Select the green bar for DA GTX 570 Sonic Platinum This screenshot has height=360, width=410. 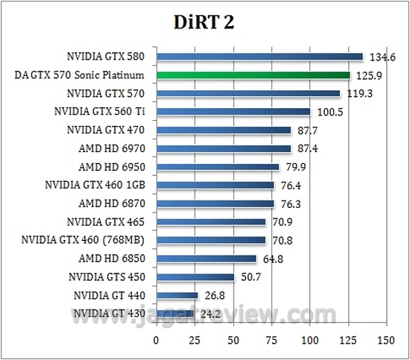click(x=253, y=75)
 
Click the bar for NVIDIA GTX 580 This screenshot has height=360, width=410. click(x=259, y=57)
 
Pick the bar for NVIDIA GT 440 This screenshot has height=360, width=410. click(x=177, y=294)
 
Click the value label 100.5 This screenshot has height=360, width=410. click(x=327, y=112)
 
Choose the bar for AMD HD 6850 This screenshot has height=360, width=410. click(x=206, y=258)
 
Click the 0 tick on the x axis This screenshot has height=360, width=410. click(x=157, y=339)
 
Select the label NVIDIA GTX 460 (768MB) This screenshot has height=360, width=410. click(x=88, y=239)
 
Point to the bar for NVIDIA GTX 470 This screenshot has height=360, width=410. click(x=224, y=130)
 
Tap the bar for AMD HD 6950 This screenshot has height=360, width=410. click(x=218, y=166)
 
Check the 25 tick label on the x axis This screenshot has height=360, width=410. click(x=195, y=339)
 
